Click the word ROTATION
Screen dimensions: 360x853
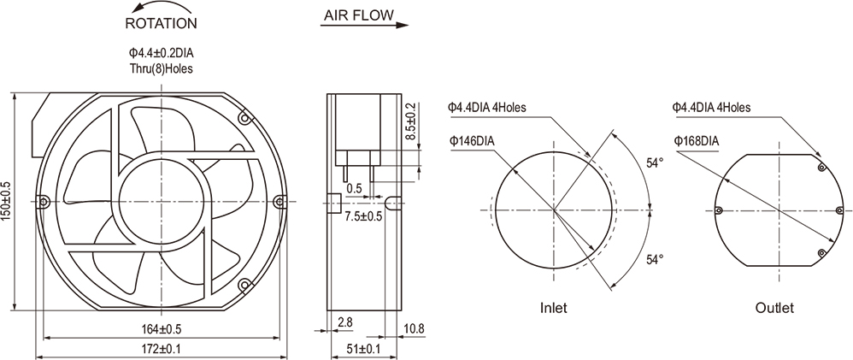pyautogui.click(x=161, y=24)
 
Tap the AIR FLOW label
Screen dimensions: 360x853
pyautogui.click(x=358, y=15)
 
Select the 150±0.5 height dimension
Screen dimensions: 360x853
pyautogui.click(x=8, y=199)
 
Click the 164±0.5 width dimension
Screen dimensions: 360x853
pyautogui.click(x=161, y=328)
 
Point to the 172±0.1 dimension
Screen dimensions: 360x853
pyautogui.click(x=161, y=349)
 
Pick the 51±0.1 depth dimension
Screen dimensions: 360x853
pyautogui.click(x=364, y=349)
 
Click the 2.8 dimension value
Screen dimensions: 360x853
pyautogui.click(x=345, y=322)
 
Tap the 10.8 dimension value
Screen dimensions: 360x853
pyautogui.click(x=413, y=328)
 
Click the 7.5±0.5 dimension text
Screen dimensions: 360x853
pyautogui.click(x=363, y=216)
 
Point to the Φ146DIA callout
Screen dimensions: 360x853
pyautogui.click(x=470, y=141)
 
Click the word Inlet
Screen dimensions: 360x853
pyautogui.click(x=553, y=307)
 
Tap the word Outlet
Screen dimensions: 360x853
pyautogui.click(x=775, y=307)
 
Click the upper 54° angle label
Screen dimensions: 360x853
pyautogui.click(x=655, y=162)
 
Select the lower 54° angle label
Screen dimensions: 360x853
pyautogui.click(x=655, y=258)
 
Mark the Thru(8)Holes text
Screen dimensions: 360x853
pyautogui.click(x=161, y=69)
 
